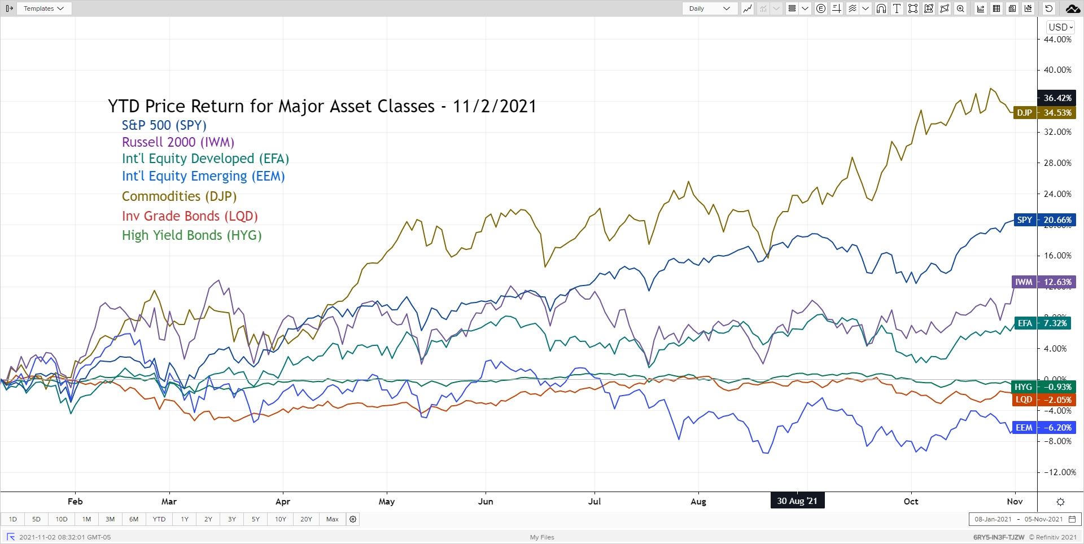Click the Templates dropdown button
click(43, 8)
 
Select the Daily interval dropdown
click(709, 8)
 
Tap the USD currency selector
click(1060, 27)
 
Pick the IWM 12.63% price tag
click(1044, 282)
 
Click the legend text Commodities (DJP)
click(179, 196)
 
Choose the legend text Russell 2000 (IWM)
click(178, 142)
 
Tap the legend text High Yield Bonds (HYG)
click(191, 235)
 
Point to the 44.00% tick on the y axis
click(1057, 40)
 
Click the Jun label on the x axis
click(486, 502)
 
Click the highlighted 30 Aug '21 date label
click(797, 501)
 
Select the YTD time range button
click(159, 519)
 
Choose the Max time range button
click(333, 519)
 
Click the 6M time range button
click(134, 519)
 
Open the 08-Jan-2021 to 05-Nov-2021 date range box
click(1024, 519)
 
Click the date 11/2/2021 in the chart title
click(495, 106)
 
